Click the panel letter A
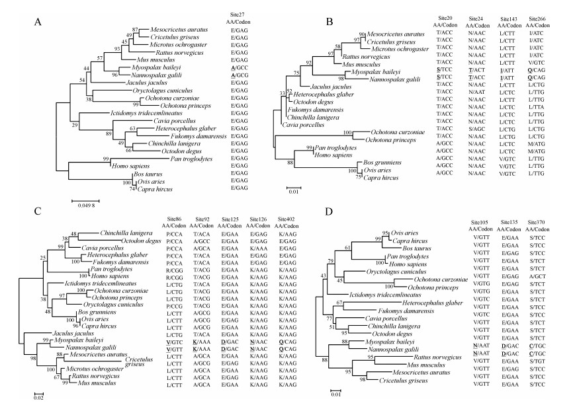coord(38,22)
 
